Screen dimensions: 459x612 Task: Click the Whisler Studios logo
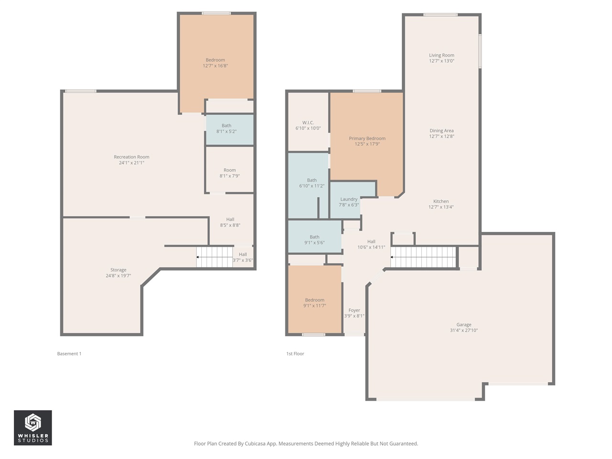[x=33, y=427]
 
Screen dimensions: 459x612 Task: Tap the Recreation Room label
[x=131, y=157]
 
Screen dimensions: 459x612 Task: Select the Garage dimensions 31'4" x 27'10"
[x=463, y=330]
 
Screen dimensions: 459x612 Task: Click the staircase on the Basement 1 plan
[x=215, y=257]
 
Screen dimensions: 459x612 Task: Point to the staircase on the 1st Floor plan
[x=423, y=257]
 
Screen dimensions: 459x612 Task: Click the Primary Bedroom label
[x=367, y=139]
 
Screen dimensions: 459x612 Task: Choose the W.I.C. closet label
[x=308, y=123]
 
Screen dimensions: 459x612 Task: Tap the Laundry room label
[x=349, y=199]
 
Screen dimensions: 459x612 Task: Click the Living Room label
[x=441, y=55]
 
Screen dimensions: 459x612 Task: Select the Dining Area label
[x=441, y=131]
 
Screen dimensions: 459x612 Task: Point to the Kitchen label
[x=441, y=202]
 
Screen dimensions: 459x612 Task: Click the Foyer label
[x=354, y=310]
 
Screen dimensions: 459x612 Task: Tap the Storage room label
[x=118, y=270]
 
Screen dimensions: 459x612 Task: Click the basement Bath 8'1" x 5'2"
[x=226, y=129]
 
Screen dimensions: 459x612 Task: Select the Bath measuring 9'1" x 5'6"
[x=314, y=240]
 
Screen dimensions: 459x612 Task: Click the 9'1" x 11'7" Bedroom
[x=314, y=303]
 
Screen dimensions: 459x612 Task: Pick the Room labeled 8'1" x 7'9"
[x=229, y=173]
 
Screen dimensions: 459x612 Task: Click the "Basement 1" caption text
[x=69, y=354]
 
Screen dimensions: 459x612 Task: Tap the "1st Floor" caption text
[x=295, y=354]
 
